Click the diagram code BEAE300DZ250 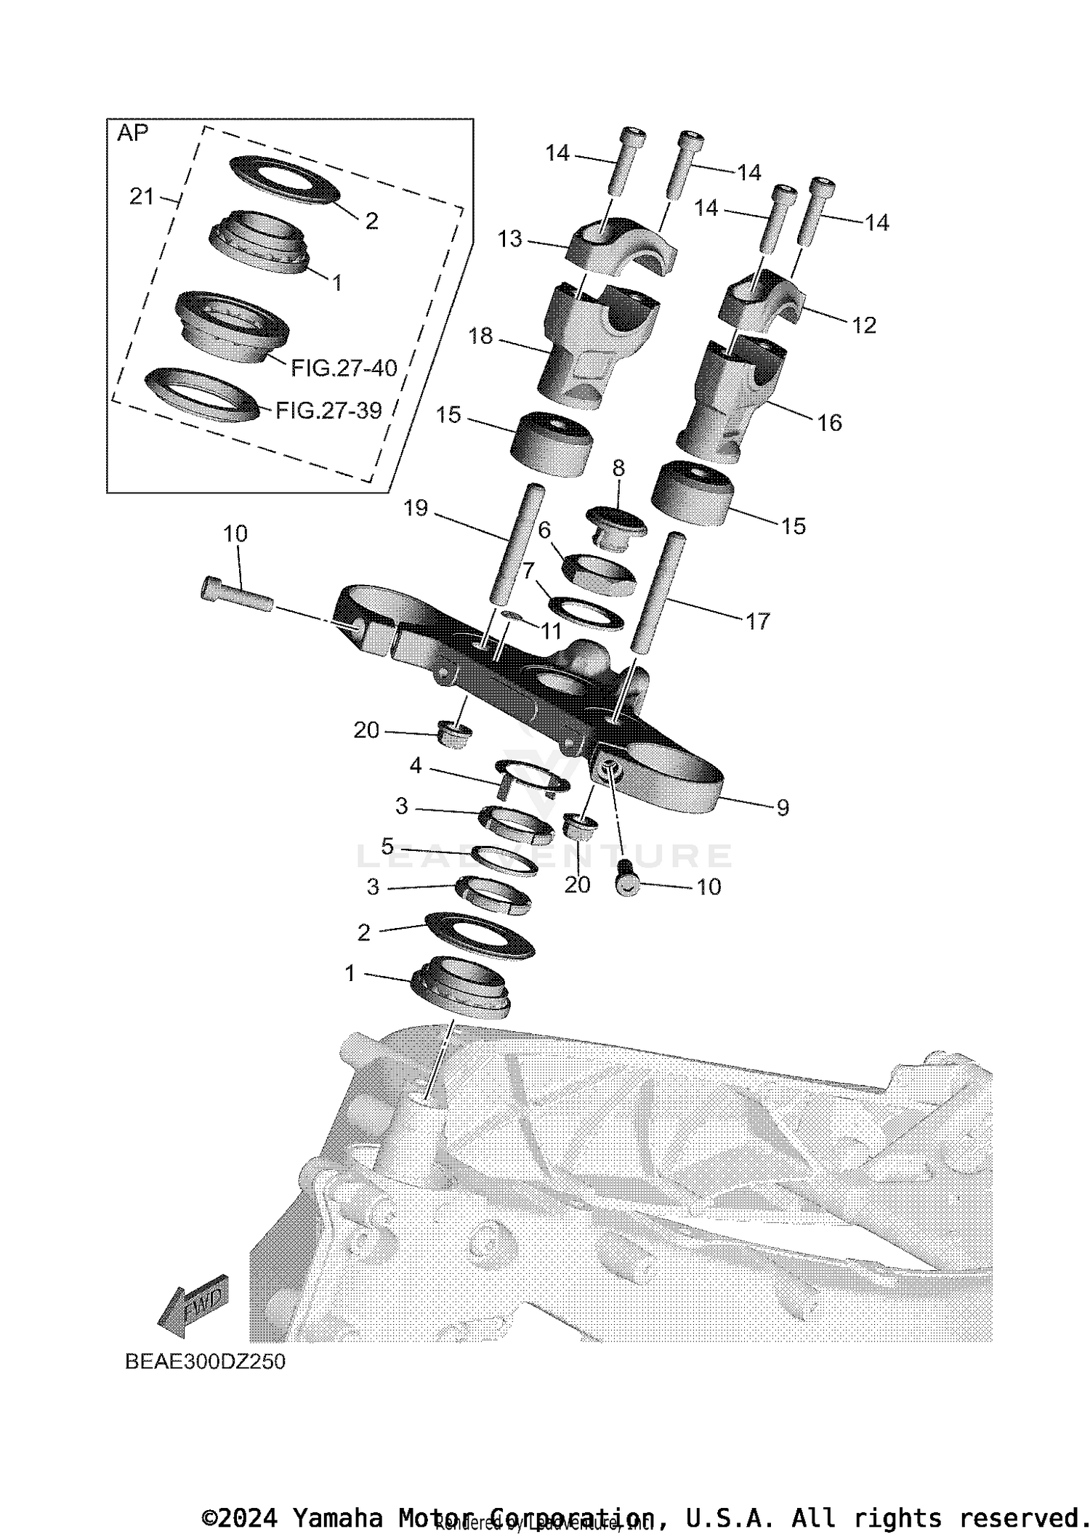[x=205, y=1361]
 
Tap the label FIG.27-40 [x=344, y=368]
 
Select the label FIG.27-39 [x=328, y=411]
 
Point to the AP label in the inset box [x=132, y=133]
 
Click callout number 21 [x=142, y=196]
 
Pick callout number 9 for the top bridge [x=782, y=807]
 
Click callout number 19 [x=416, y=508]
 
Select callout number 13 [x=510, y=238]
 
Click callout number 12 [x=864, y=325]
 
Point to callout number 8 [x=618, y=469]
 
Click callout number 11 [x=551, y=631]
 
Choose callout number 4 [x=416, y=765]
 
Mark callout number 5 [x=387, y=846]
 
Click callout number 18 [x=481, y=336]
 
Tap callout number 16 [x=830, y=422]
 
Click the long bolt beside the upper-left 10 [x=236, y=594]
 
